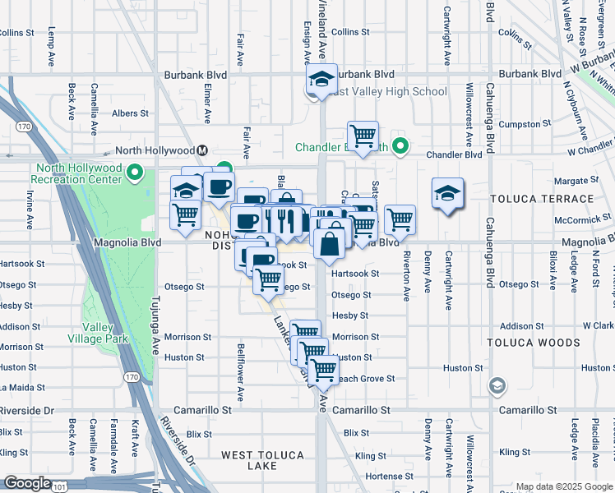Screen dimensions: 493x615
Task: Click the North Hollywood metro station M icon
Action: point(201,150)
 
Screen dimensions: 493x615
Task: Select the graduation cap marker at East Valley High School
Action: point(321,80)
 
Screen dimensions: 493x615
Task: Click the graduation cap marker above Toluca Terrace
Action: point(447,194)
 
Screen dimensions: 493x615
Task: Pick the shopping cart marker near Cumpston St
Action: point(363,135)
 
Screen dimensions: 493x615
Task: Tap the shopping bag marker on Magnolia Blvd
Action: point(329,244)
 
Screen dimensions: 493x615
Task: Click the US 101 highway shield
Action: point(60,486)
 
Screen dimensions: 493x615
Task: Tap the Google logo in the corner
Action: point(27,483)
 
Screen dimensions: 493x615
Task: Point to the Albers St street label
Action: point(130,113)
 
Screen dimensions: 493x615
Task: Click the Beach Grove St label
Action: point(365,379)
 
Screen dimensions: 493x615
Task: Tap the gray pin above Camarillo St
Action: point(497,385)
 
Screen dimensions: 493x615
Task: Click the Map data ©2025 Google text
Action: point(564,486)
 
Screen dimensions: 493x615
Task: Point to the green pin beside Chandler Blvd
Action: point(400,148)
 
